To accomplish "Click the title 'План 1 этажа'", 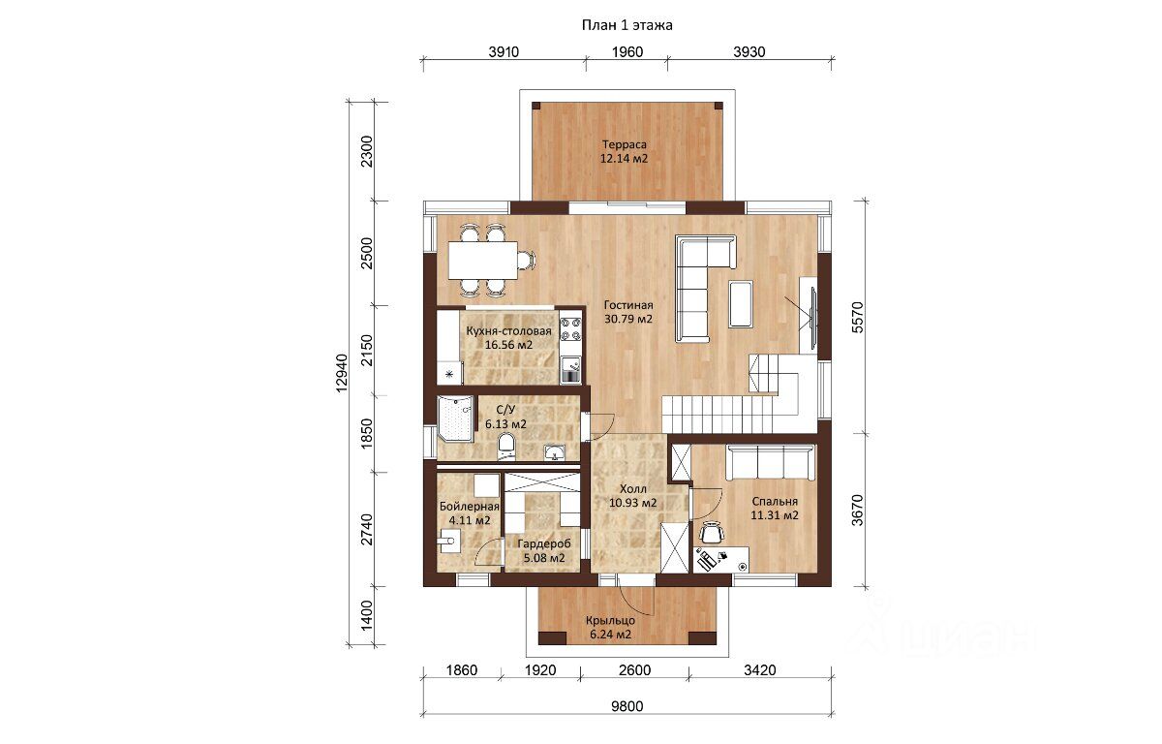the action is tap(627, 25).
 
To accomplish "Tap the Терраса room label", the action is tap(624, 144).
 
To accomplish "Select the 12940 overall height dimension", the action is tap(341, 373).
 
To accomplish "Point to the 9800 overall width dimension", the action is tap(627, 706).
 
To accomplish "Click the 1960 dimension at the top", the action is tap(627, 52).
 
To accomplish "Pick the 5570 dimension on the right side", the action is tap(858, 317).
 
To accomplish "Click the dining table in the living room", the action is tap(483, 260).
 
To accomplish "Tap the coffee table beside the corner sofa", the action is tap(741, 303).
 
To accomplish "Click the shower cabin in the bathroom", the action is tap(455, 418).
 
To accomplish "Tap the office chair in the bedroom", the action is tap(711, 533).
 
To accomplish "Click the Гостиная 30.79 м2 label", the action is tap(628, 312).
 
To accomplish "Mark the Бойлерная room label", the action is tap(470, 506).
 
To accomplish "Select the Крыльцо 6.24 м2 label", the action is tap(611, 627).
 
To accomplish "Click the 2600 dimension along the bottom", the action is tap(635, 670).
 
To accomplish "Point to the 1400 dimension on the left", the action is tap(366, 616).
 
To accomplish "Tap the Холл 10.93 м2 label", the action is tap(633, 495).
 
